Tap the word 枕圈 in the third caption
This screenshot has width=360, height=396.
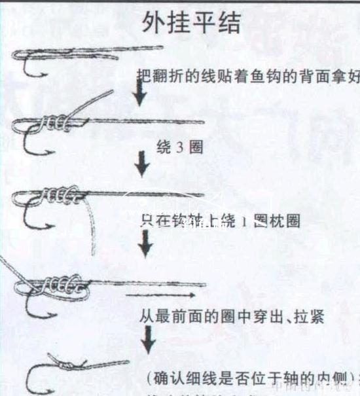point(285,221)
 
